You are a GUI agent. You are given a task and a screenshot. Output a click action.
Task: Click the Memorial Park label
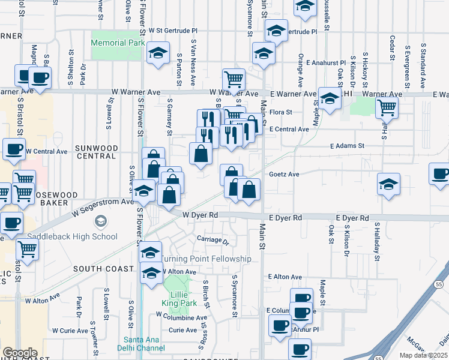[x=118, y=43]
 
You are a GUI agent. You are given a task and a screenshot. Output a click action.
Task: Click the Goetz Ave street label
[x=284, y=174]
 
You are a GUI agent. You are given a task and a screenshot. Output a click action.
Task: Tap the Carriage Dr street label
[x=213, y=241]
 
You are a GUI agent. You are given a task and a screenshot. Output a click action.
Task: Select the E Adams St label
[x=348, y=146]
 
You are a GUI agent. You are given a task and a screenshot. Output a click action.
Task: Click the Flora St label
[x=280, y=112]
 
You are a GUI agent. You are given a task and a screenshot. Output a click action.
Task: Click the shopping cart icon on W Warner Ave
[x=233, y=79]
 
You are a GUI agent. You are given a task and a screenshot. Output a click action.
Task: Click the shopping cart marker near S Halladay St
[x=387, y=107]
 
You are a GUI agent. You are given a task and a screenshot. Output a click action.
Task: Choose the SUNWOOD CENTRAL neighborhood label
[x=95, y=151]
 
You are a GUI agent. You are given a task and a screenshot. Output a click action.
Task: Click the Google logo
[x=19, y=353]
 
